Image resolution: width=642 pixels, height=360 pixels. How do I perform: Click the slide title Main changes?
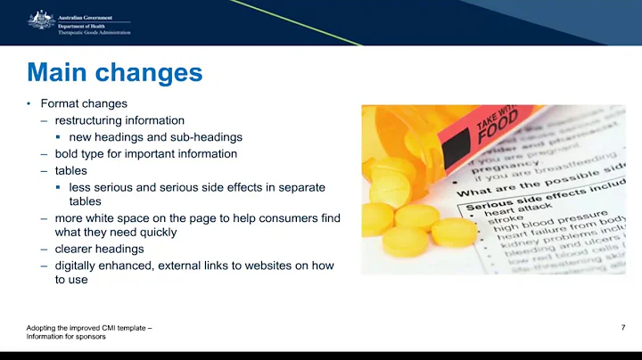[x=114, y=71]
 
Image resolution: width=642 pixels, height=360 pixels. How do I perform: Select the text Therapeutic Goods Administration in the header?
[x=95, y=32]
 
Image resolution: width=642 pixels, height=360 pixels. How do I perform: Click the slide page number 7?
[x=621, y=328]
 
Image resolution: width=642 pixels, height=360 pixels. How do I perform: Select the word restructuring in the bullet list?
[x=86, y=120]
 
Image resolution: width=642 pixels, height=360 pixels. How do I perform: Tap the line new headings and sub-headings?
[x=155, y=137]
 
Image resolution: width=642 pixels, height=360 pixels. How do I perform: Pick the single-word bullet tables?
[x=70, y=170]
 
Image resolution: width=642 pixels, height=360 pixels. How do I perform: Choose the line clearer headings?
[x=99, y=249]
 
